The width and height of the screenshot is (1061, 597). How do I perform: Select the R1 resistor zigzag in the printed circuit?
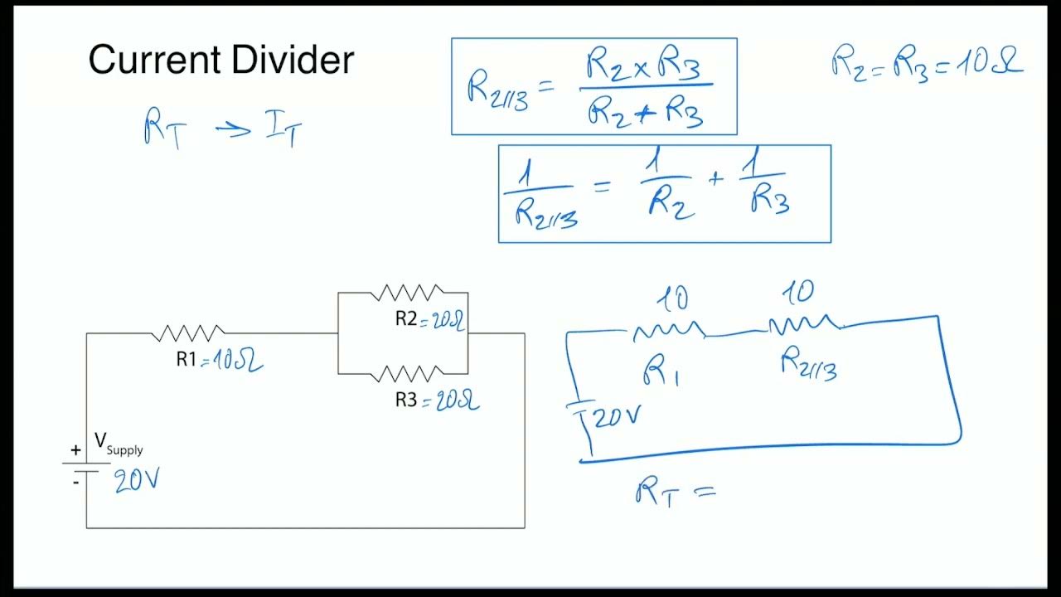[188, 333]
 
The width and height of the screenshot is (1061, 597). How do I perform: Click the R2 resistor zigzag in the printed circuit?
[408, 293]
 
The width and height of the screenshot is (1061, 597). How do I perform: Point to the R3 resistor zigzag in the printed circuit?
[406, 374]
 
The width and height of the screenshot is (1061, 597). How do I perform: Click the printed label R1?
[187, 359]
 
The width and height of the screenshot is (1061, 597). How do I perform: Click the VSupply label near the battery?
[119, 443]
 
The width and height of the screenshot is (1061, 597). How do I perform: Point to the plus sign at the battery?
[75, 450]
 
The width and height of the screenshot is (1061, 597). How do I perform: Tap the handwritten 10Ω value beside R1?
[239, 361]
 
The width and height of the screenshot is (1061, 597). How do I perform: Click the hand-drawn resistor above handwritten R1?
[669, 332]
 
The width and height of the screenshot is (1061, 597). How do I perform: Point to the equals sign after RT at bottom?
[704, 491]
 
